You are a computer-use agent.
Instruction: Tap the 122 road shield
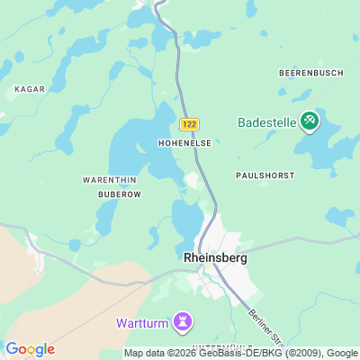[188, 124]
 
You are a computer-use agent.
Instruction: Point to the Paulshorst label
[265, 175]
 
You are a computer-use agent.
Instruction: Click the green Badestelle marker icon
[309, 120]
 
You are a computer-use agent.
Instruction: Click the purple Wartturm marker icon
[184, 320]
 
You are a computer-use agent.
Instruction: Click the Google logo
[30, 349]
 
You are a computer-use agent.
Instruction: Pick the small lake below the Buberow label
[106, 217]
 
